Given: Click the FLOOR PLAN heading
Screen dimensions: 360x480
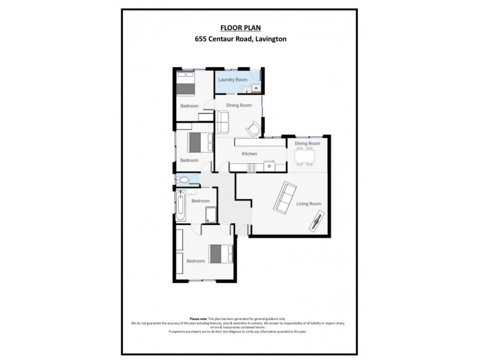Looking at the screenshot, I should (239, 28).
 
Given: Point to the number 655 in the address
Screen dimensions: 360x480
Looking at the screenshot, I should (201, 40).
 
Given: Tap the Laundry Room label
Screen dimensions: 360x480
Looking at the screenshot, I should (233, 80).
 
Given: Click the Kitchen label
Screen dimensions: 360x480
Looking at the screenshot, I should (249, 154).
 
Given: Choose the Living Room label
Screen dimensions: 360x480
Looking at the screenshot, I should (308, 204).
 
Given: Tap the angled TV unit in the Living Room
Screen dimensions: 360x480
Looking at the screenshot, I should (316, 223).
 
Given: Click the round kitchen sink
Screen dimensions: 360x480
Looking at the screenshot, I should (270, 165).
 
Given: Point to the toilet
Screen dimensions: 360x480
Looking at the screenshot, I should (184, 179).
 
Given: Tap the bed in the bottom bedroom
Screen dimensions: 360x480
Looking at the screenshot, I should (220, 254).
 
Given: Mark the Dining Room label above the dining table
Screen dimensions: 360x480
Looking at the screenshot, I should (307, 143).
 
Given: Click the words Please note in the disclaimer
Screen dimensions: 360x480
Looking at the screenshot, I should (199, 319).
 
